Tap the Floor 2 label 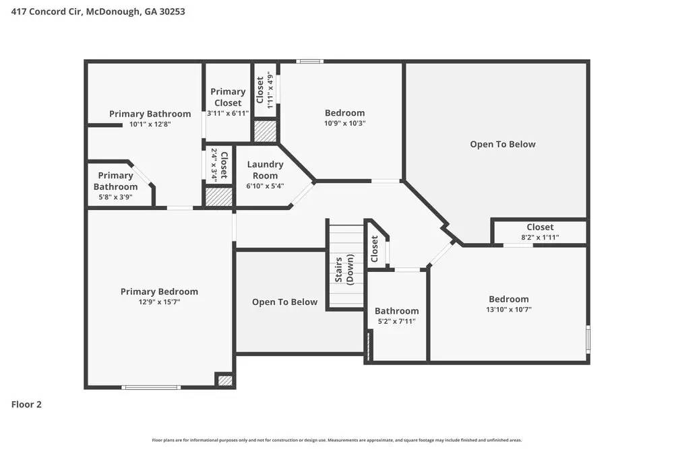click(27, 405)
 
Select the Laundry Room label click(265, 170)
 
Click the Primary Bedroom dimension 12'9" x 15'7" click(159, 302)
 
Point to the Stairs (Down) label click(344, 270)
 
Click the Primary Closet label click(228, 97)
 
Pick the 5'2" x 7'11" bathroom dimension click(396, 322)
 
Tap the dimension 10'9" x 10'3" click(344, 123)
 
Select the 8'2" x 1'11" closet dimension click(540, 238)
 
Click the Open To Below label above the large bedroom click(503, 144)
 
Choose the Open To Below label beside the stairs click(284, 302)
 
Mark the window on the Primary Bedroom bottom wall click(151, 387)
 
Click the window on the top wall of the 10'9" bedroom click(310, 62)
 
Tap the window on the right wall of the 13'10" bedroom click(588, 339)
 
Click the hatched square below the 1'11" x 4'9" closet click(265, 131)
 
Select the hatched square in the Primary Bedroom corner click(225, 380)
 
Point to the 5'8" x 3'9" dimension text click(115, 197)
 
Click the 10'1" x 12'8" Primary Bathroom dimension click(150, 124)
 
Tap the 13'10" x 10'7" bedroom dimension click(508, 310)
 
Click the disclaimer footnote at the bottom click(337, 440)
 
